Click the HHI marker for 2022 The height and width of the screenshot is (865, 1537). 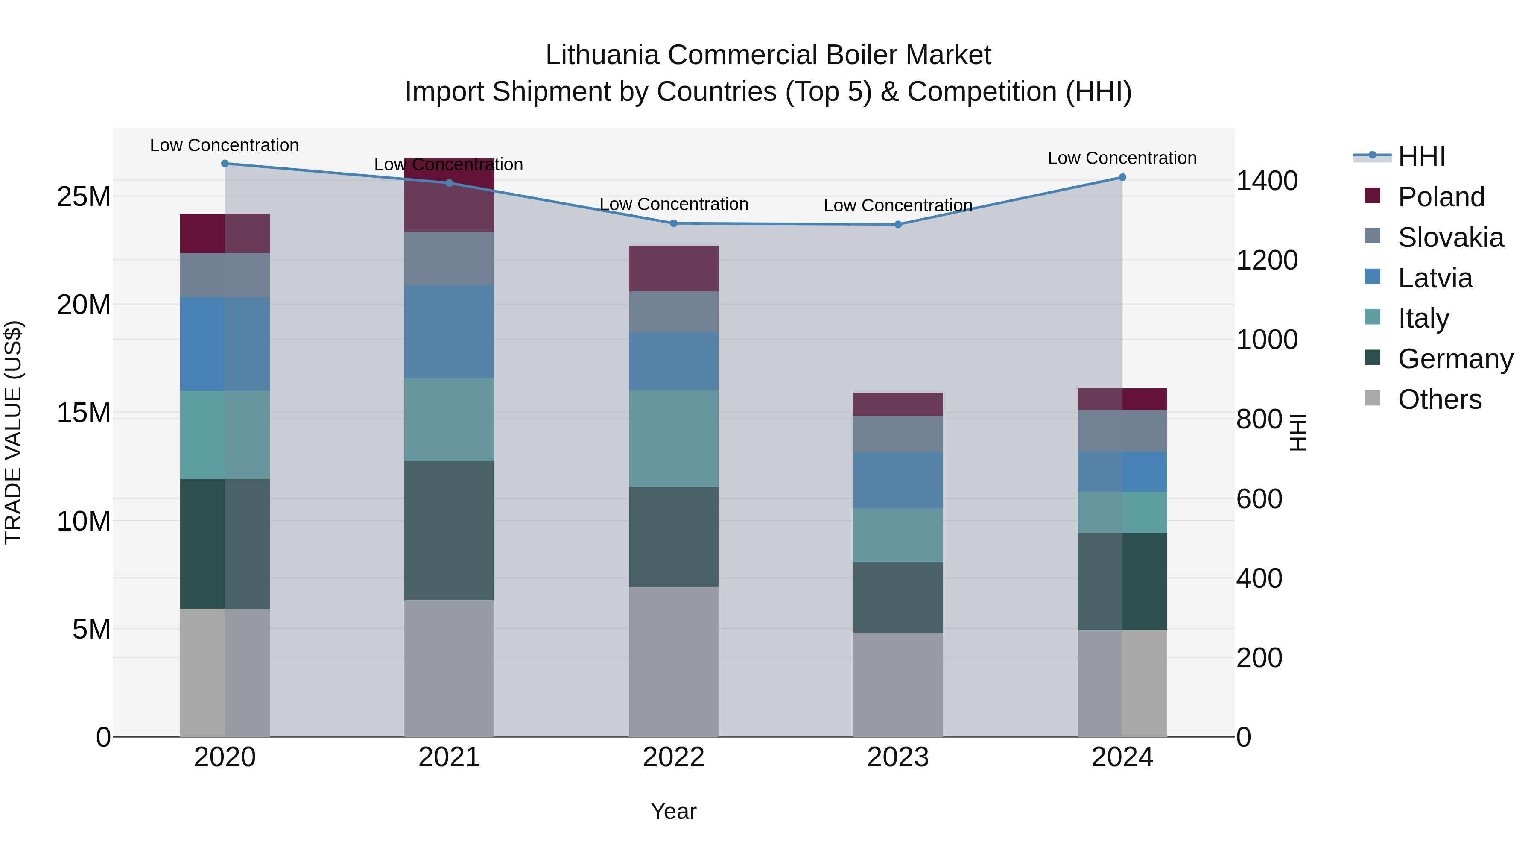(x=674, y=223)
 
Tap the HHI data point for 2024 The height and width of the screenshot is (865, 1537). (x=1122, y=177)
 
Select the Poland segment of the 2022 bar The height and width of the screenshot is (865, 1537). (x=674, y=269)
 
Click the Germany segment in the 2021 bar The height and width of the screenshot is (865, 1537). (x=449, y=530)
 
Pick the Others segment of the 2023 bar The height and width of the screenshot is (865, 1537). (x=898, y=684)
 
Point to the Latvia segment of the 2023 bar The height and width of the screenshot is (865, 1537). (x=898, y=480)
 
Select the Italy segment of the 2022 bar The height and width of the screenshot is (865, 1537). (x=674, y=438)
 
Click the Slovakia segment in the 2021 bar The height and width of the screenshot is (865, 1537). (x=449, y=258)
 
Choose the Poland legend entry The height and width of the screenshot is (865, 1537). (x=1441, y=197)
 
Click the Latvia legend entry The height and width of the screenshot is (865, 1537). (x=1435, y=278)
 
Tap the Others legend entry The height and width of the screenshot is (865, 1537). (x=1439, y=399)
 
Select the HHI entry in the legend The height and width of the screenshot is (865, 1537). (x=1421, y=156)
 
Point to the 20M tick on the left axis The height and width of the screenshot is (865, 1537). (x=84, y=305)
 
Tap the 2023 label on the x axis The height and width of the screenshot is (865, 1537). (x=898, y=757)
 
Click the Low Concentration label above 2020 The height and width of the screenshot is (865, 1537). (x=224, y=145)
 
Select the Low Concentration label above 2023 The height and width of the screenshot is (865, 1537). (x=898, y=205)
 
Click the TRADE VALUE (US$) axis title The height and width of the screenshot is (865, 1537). (x=14, y=432)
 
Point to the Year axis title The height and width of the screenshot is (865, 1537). (x=674, y=811)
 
